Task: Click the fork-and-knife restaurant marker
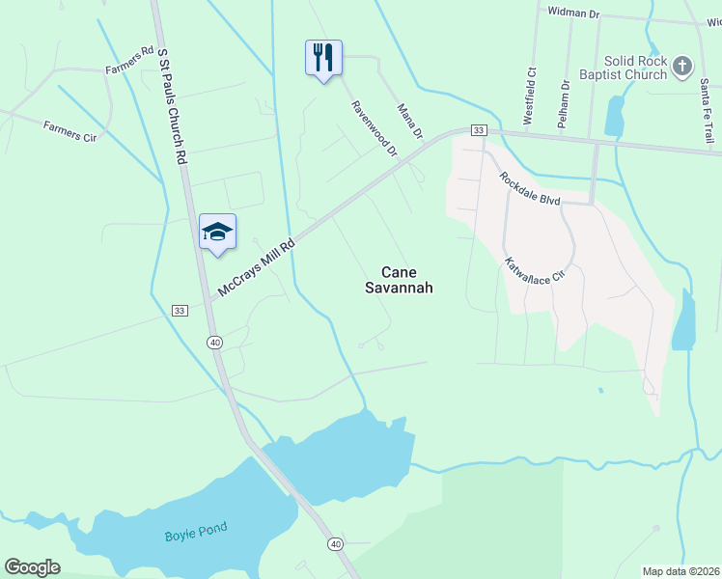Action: (x=323, y=58)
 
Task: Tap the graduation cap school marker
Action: (x=217, y=232)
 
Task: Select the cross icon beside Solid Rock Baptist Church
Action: (x=682, y=67)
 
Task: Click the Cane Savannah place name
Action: (x=399, y=280)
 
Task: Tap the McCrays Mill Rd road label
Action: (x=256, y=267)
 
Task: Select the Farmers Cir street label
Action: (x=69, y=131)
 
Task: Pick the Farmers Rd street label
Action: (x=129, y=62)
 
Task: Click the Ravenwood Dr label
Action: (x=374, y=128)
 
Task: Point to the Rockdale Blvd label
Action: (x=530, y=187)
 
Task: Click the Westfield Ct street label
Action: (x=529, y=96)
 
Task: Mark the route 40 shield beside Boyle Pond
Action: (x=334, y=544)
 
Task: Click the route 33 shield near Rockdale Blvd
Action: (x=477, y=130)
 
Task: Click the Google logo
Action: (x=32, y=567)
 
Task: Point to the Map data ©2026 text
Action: (x=680, y=571)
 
